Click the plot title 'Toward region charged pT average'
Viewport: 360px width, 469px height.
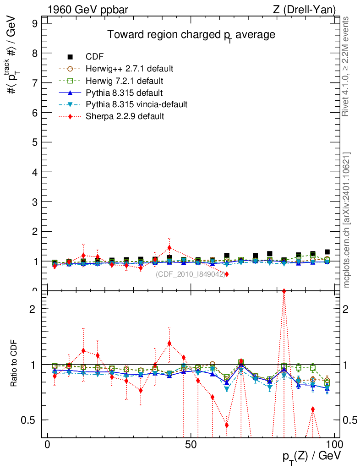tap(191, 35)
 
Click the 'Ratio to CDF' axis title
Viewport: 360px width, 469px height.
tap(14, 364)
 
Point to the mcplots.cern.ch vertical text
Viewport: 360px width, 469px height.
tap(347, 220)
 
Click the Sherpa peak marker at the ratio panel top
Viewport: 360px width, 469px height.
tap(284, 291)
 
